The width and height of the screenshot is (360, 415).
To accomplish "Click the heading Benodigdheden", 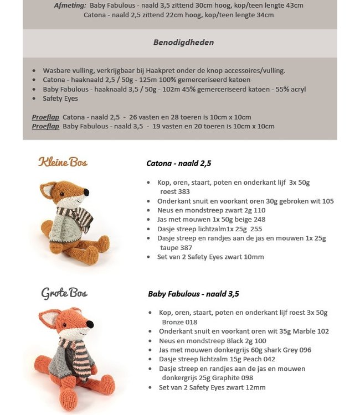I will point(183,43).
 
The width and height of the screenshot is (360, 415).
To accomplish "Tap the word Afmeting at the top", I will point(70,6).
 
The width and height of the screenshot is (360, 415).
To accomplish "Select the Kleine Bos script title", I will point(63,162).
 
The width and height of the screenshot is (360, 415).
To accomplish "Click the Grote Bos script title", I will point(64,293).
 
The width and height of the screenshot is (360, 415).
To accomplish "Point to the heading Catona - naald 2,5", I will point(178,163).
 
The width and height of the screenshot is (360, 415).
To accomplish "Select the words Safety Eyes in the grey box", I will point(60,98).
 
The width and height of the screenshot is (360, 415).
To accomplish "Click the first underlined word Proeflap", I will point(45,117).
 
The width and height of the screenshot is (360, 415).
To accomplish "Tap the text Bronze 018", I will point(179,321).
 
